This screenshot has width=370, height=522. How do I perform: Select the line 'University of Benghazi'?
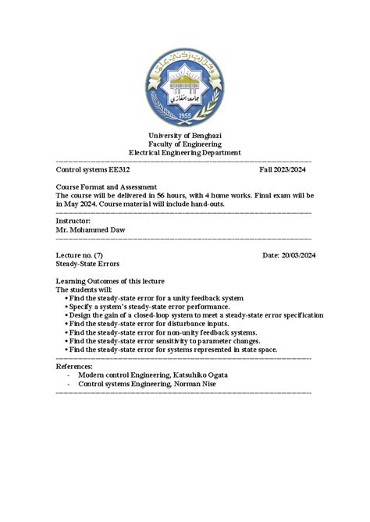(185, 136)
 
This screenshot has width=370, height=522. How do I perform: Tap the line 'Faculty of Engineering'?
(185, 144)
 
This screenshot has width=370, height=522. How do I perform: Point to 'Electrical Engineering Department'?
(185, 153)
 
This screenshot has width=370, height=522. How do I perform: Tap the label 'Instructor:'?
(73, 221)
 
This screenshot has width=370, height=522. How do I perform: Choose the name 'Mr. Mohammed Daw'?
(90, 229)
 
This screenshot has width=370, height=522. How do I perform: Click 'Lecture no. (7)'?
(80, 255)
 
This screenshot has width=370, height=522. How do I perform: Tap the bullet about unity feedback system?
(156, 298)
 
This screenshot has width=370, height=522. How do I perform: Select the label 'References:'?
(75, 366)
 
